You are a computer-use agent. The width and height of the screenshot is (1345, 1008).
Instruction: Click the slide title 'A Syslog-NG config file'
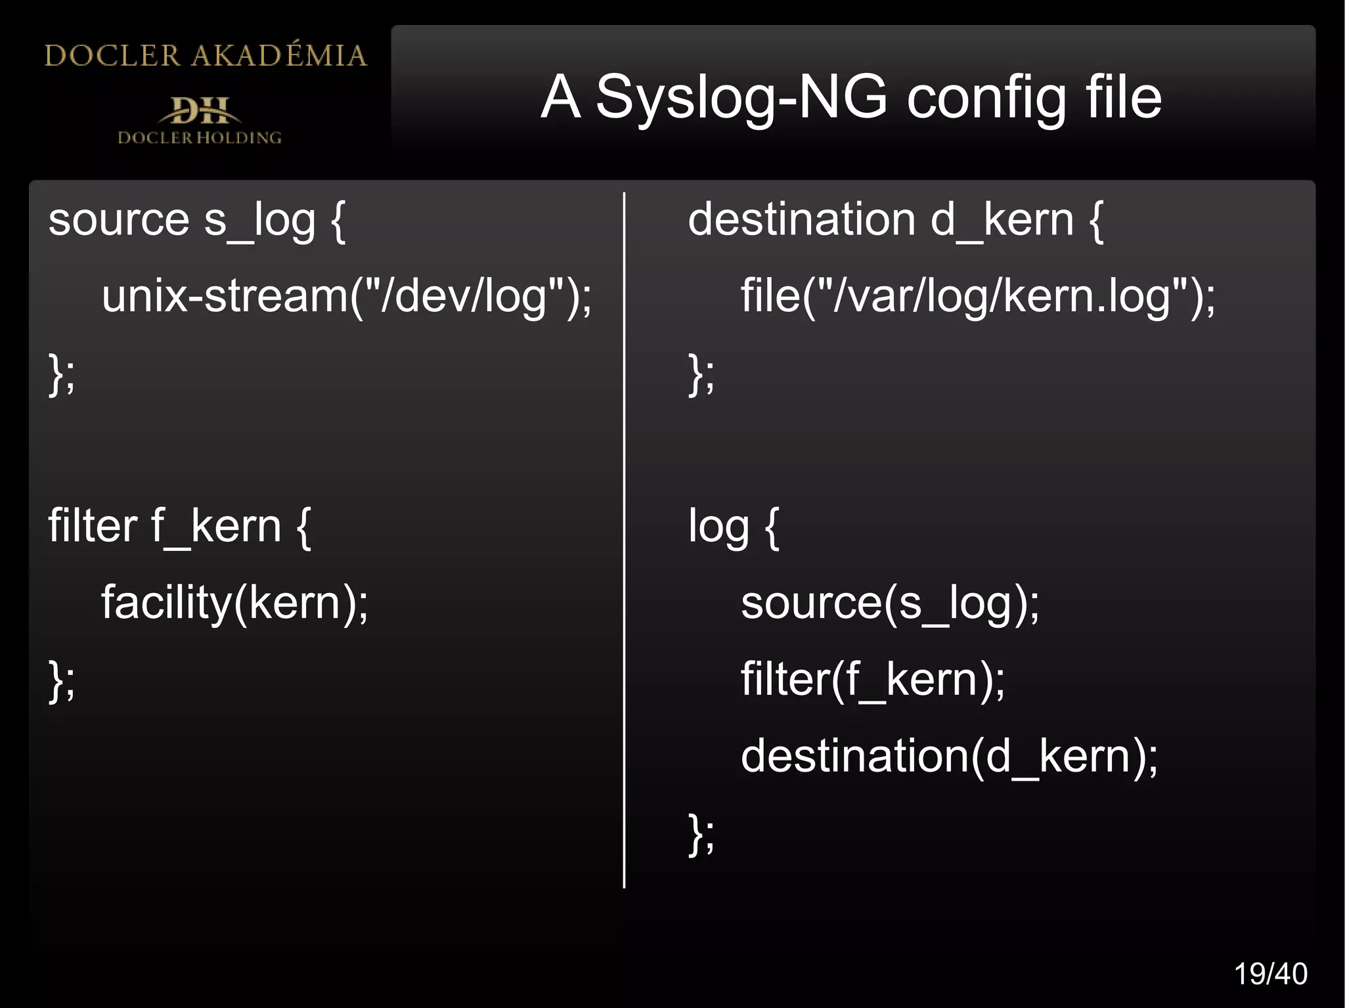(851, 97)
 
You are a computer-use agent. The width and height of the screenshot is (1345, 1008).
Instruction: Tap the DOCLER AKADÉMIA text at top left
(205, 56)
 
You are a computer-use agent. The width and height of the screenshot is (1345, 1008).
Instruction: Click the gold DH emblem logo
(200, 110)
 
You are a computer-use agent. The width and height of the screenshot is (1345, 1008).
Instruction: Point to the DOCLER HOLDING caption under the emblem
(200, 138)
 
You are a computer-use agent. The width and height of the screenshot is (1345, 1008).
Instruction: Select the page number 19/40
(1270, 974)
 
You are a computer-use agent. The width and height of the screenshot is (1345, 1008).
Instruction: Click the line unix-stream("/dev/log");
(346, 296)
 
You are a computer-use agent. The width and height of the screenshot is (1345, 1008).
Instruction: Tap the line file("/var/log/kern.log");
(978, 296)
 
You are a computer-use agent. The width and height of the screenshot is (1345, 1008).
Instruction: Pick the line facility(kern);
(234, 603)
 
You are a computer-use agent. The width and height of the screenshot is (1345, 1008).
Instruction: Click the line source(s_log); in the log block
(890, 603)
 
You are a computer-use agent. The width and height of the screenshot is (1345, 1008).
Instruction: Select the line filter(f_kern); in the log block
(872, 680)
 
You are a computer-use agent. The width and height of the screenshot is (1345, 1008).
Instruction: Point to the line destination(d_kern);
(949, 756)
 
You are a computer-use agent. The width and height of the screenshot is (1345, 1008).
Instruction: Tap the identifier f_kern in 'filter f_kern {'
(216, 527)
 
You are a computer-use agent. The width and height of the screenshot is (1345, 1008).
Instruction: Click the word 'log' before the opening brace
(718, 527)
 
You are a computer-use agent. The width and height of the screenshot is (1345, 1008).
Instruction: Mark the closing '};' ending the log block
(701, 834)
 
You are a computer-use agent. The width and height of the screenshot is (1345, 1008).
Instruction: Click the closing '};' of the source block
(62, 374)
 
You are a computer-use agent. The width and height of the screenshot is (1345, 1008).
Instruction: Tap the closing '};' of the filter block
(62, 681)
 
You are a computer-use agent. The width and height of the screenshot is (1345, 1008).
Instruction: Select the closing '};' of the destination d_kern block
(701, 374)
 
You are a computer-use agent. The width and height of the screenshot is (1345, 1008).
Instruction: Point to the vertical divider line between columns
(624, 538)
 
